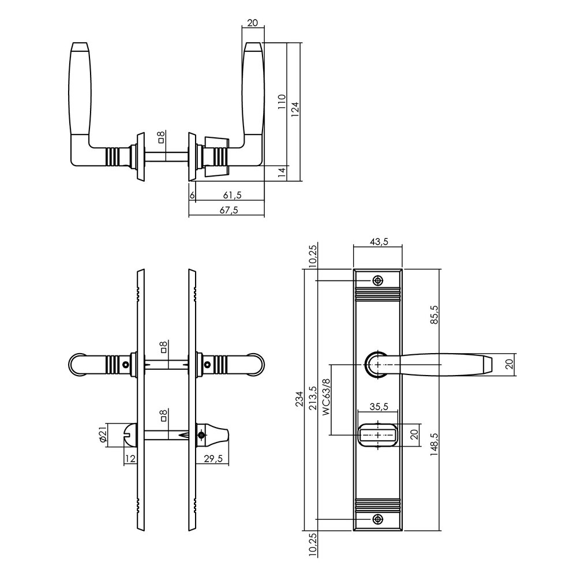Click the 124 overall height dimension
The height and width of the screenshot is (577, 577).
294,106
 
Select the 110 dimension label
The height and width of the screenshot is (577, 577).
281,102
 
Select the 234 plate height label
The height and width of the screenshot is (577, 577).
299,399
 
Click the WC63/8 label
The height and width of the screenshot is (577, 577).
325,398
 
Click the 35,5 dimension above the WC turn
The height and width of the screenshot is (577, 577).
378,406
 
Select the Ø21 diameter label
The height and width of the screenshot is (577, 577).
103,436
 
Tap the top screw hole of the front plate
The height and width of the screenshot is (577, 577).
377,281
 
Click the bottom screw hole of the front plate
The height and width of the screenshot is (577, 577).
377,519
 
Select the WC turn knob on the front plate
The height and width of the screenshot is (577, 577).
378,434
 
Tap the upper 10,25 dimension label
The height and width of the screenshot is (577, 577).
312,254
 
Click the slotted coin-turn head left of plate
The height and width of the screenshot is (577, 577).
130,435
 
